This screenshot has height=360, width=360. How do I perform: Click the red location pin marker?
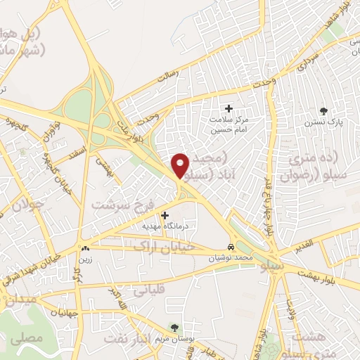tap(181, 165)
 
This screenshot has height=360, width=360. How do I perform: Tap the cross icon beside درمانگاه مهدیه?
tap(165, 215)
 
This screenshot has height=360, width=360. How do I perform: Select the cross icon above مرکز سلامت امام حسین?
tap(228, 108)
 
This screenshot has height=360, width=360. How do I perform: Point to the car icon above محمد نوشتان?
tap(231, 247)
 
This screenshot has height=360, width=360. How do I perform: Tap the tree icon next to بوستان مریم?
tap(174, 328)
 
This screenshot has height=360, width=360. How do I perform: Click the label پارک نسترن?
tap(324, 122)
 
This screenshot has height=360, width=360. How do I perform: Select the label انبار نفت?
tap(127, 338)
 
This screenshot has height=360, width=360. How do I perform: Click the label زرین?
tap(86, 259)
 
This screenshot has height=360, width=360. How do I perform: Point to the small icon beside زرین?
tap(86, 248)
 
